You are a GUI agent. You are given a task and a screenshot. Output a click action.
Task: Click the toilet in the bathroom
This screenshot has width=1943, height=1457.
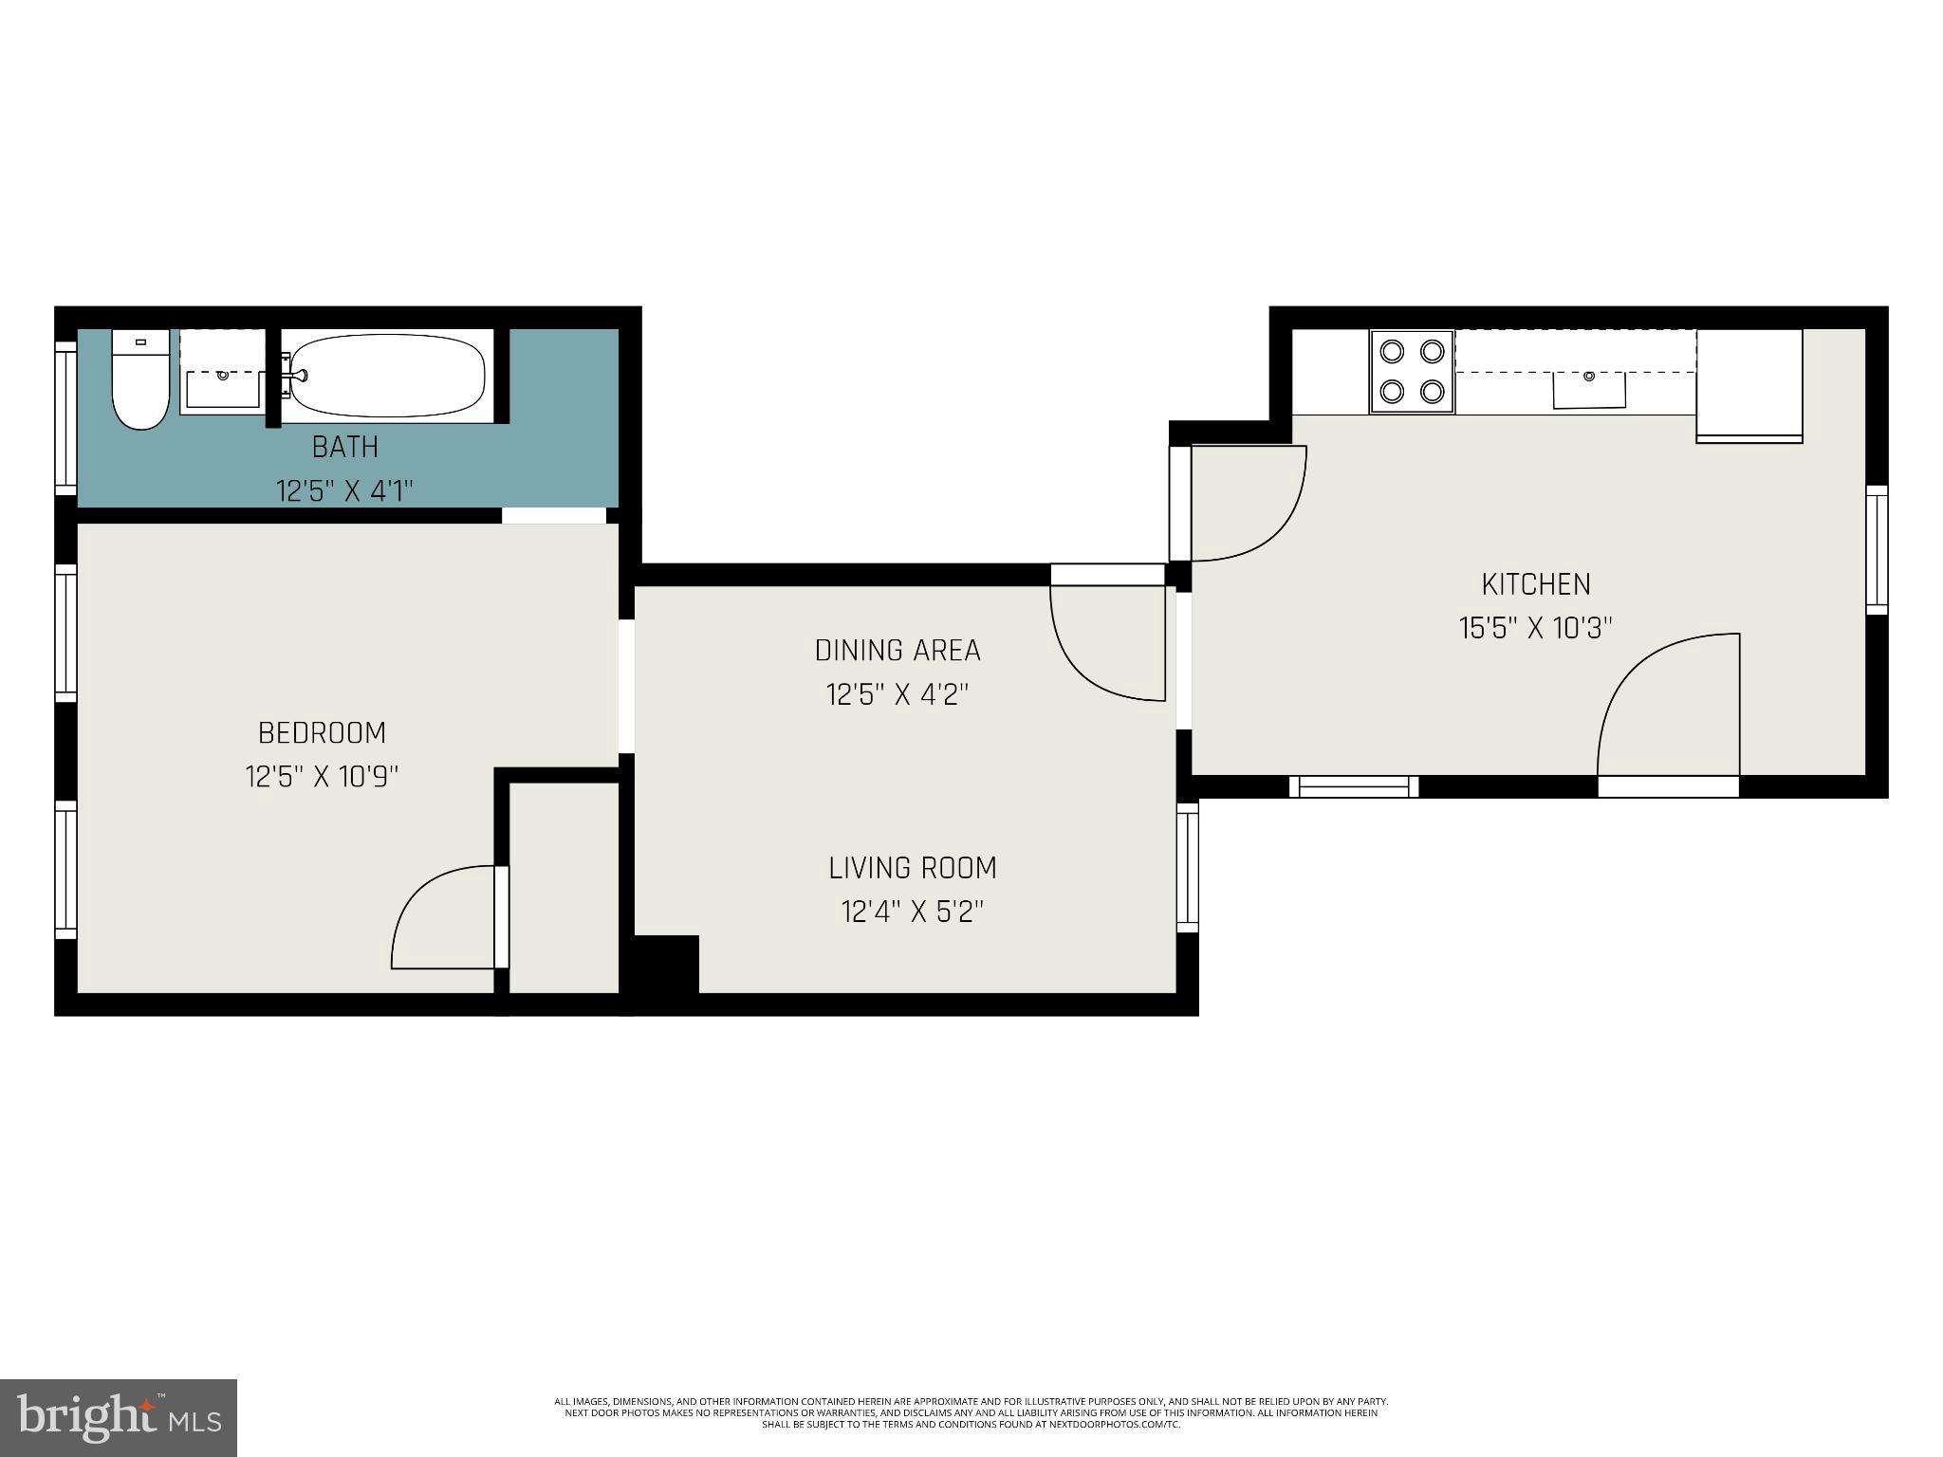[140, 382]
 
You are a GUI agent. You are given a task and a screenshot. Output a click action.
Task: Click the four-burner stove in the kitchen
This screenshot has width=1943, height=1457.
[1412, 372]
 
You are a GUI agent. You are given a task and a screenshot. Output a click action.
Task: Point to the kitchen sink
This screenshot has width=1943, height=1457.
[1588, 389]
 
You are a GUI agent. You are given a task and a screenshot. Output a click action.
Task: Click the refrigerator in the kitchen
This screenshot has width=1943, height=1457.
[1749, 384]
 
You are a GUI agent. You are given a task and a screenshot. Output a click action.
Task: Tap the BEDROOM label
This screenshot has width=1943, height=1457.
[322, 733]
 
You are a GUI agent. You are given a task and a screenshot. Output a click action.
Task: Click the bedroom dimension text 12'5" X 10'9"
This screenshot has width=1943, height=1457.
[322, 777]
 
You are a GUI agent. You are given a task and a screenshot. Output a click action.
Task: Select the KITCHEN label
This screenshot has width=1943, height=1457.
[1536, 584]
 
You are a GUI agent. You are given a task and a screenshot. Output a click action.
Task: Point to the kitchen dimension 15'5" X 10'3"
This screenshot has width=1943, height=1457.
[1536, 628]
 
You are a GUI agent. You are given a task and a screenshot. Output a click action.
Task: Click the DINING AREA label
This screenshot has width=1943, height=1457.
[897, 651]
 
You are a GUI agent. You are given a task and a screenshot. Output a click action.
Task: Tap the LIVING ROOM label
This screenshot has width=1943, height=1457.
[913, 868]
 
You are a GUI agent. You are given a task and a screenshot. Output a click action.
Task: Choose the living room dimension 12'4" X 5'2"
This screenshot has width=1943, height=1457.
[913, 913]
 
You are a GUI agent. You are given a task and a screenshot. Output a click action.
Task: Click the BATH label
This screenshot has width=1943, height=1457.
[345, 447]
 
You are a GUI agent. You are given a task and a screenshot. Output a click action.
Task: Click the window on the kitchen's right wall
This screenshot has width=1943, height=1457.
[1876, 549]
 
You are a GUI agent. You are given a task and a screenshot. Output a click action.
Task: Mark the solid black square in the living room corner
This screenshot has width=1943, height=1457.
[666, 964]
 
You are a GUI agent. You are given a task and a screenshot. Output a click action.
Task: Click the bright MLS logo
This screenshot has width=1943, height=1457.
[119, 1417]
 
